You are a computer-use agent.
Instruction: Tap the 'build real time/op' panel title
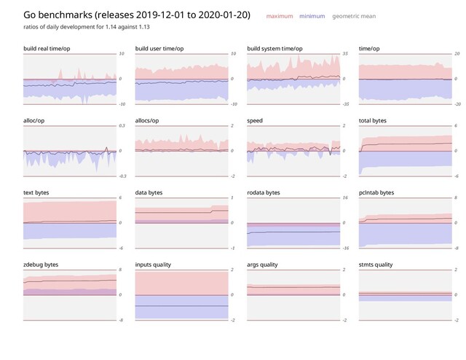[x=48, y=48]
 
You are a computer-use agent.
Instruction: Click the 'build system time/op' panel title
[x=275, y=48]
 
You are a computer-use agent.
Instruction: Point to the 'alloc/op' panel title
[x=36, y=120]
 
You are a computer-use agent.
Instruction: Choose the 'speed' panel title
[x=256, y=120]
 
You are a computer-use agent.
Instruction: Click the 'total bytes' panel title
[x=374, y=120]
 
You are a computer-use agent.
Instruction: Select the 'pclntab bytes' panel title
[x=376, y=192]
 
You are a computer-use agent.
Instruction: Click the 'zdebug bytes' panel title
[x=41, y=265]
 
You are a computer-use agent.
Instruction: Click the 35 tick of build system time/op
[x=346, y=54]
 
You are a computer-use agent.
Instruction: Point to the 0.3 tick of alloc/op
[x=122, y=126]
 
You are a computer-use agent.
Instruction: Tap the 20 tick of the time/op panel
[x=457, y=54]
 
